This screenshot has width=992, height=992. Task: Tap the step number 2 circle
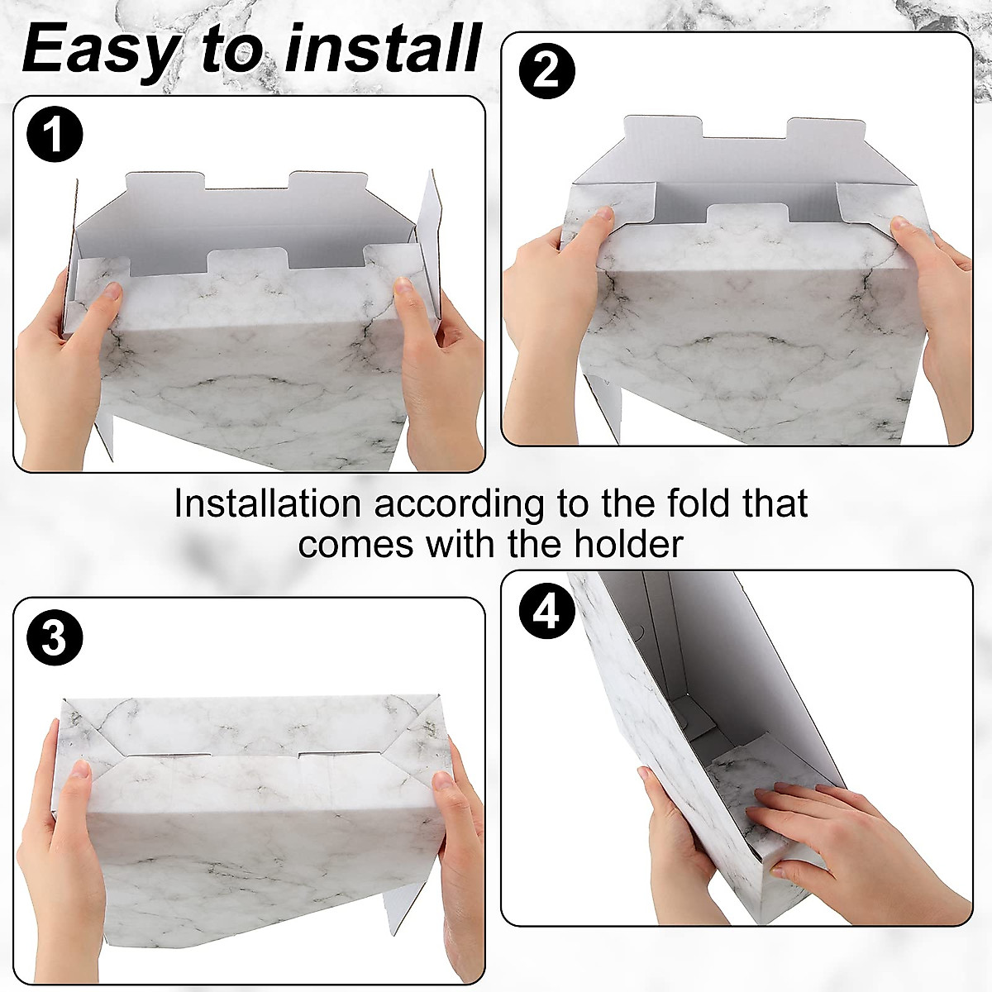tap(546, 70)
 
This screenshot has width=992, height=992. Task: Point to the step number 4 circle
tap(546, 613)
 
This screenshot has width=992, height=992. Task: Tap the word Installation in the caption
tap(267, 503)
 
